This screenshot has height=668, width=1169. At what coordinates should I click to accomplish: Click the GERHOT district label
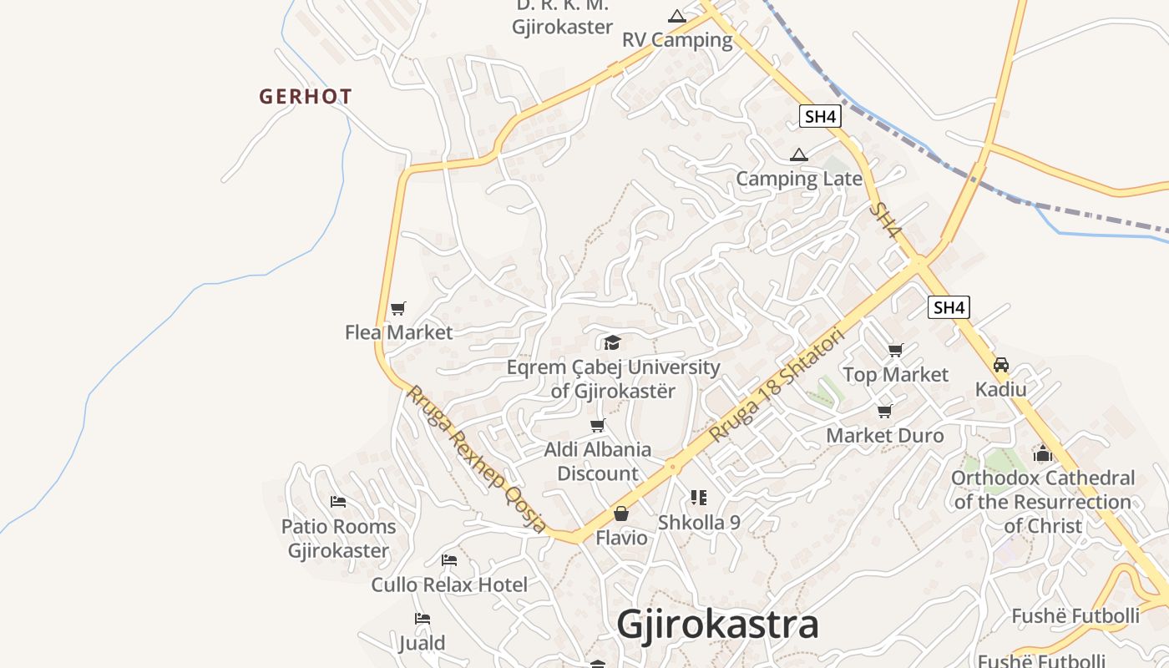[305, 97]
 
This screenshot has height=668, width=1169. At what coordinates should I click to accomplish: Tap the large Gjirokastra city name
[717, 625]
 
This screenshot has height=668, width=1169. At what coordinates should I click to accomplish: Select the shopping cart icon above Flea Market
[398, 309]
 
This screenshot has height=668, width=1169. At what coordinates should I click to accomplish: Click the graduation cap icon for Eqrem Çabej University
[613, 343]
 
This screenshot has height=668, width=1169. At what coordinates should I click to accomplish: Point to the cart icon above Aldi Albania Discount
[598, 426]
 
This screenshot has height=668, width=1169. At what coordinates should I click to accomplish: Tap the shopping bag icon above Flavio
[621, 514]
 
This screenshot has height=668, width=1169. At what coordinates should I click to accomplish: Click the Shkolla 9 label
[699, 523]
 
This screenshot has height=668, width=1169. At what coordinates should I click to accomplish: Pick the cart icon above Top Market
[896, 351]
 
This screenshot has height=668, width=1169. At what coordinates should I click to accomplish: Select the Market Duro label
[884, 436]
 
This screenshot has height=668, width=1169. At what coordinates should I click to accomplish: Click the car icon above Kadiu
[1001, 365]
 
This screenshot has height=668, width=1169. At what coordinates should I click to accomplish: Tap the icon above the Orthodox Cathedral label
[1043, 453]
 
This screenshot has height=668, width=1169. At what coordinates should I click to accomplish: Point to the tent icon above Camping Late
[799, 154]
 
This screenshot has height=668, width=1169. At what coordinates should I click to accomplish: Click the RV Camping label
[677, 40]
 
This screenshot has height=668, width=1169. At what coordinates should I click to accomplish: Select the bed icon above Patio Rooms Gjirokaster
[338, 502]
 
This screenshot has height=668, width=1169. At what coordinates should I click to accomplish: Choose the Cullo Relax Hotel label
[449, 584]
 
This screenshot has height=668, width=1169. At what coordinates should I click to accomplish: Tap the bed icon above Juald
[423, 619]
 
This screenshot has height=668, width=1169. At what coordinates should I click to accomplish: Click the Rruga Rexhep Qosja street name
[476, 458]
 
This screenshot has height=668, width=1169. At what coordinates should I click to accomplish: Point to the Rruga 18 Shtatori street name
[777, 385]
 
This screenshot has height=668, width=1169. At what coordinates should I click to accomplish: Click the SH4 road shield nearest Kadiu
[949, 307]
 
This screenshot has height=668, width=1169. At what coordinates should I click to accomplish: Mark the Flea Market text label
[398, 332]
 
